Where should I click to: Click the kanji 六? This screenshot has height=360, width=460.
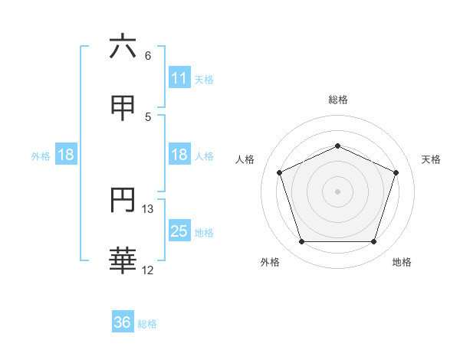[x=123, y=47]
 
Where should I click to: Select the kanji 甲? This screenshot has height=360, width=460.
[x=123, y=106]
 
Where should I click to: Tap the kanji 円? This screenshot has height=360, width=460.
[x=123, y=200]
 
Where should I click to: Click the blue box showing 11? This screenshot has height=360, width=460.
[x=179, y=77]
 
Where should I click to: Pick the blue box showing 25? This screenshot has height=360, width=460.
[x=179, y=231]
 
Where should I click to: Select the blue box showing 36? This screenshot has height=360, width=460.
[x=123, y=322]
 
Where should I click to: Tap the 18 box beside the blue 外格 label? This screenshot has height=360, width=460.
[x=66, y=155]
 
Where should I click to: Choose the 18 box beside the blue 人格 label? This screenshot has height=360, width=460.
[x=179, y=155]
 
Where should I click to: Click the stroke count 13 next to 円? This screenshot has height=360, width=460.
[x=149, y=209]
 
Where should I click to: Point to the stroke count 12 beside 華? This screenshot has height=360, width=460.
[x=149, y=270]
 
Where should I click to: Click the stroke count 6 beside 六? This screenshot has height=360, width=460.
[x=148, y=56]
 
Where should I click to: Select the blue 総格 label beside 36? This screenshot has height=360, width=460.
[x=147, y=324]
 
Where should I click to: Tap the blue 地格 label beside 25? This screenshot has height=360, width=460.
[x=204, y=233]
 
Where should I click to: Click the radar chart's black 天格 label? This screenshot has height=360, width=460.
[x=432, y=159]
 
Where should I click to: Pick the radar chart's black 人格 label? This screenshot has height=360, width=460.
[x=245, y=159]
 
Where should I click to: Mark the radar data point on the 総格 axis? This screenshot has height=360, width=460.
[x=337, y=145]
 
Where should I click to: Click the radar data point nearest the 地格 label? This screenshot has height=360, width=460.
[x=374, y=242]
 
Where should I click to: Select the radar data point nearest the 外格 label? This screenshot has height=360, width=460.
[x=301, y=242]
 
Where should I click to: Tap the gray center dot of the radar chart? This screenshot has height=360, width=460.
[x=337, y=191]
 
